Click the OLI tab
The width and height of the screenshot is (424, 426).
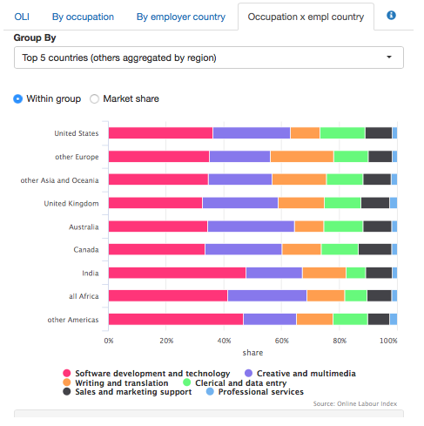[x=22, y=17]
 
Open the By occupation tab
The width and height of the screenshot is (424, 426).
[x=83, y=17]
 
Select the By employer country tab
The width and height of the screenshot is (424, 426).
[x=180, y=17]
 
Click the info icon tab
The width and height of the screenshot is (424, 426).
[x=391, y=17]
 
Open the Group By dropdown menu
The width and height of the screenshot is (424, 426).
[x=209, y=57]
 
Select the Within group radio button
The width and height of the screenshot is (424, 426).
[x=18, y=98]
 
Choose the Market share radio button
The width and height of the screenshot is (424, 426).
[x=95, y=98]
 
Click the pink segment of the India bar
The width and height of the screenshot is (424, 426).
[x=177, y=273]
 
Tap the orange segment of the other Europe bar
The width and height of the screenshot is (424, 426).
[x=301, y=157]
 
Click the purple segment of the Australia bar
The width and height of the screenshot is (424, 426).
[x=251, y=227]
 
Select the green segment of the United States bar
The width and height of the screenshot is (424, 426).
[x=342, y=133]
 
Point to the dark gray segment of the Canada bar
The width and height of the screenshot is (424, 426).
[x=374, y=249]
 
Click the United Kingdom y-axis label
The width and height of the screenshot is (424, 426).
[x=72, y=203]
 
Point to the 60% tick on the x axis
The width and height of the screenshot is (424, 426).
[x=281, y=340]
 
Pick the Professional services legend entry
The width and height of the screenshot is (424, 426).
[x=255, y=392]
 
